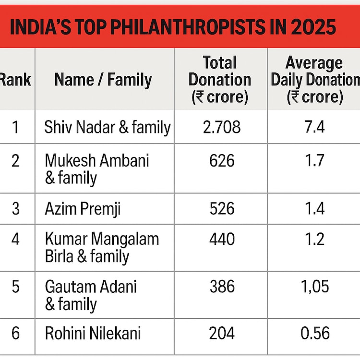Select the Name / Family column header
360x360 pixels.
click(103, 79)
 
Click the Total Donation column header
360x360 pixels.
click(220, 80)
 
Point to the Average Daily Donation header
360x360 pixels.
click(314, 80)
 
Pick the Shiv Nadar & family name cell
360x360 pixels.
click(107, 127)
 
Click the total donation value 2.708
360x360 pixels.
click(222, 127)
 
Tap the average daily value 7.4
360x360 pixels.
click(314, 127)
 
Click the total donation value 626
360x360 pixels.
click(222, 160)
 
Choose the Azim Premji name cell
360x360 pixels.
click(82, 208)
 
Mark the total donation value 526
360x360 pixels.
click(222, 208)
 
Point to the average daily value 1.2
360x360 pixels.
click(314, 239)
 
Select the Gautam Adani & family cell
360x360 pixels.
click(91, 295)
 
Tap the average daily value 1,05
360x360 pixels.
click(314, 287)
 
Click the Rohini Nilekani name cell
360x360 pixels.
click(93, 334)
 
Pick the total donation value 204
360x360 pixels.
click(222, 334)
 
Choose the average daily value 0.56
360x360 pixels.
click(314, 334)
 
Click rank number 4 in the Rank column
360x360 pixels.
click(16, 239)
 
